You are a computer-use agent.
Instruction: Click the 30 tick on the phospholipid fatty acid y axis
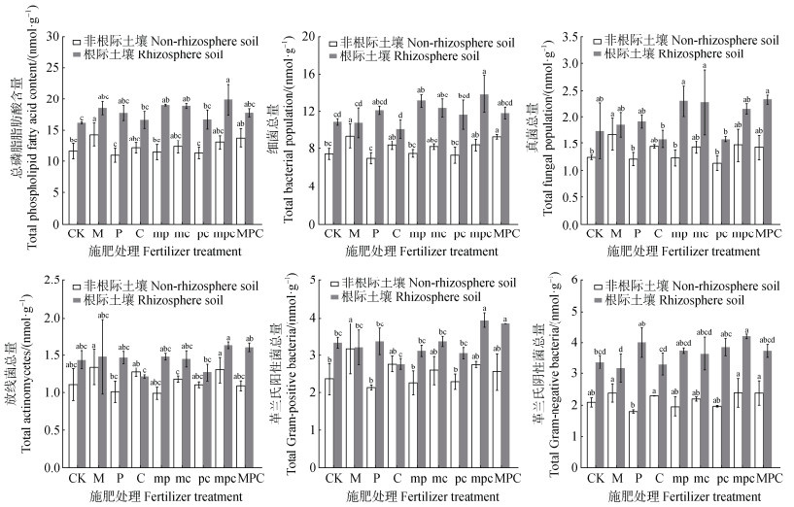point(54,36)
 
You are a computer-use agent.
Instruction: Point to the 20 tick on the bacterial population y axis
point(310,36)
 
